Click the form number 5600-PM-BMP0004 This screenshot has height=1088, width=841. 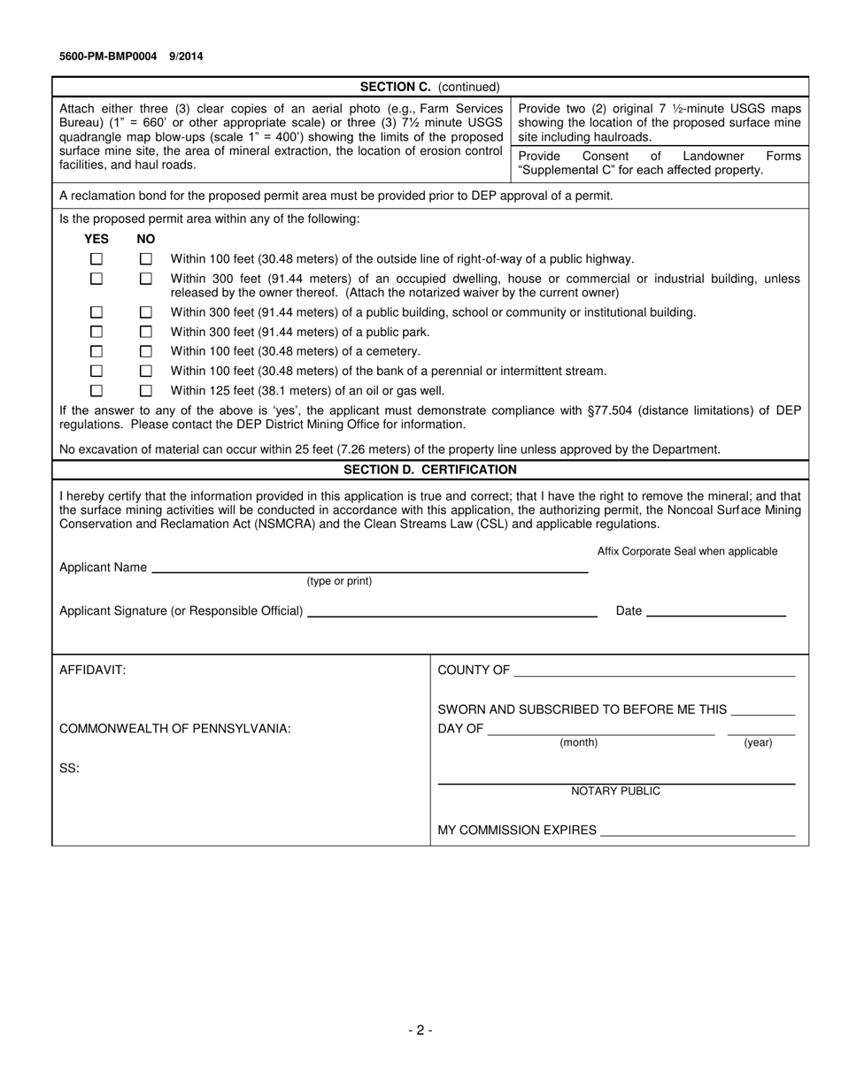tap(108, 57)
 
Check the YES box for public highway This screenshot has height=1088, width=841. tap(96, 259)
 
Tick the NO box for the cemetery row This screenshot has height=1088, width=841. tap(146, 351)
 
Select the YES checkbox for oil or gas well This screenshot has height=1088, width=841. tap(96, 390)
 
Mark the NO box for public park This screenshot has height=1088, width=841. tap(146, 332)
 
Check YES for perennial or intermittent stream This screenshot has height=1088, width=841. tap(96, 371)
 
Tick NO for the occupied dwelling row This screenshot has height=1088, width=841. tap(146, 279)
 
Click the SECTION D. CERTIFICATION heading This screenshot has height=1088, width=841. tap(430, 470)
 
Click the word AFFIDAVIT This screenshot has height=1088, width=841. tap(93, 670)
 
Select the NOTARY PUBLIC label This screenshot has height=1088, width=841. tap(615, 791)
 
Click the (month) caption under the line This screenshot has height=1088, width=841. tap(578, 743)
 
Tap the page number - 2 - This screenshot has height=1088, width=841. tap(420, 1030)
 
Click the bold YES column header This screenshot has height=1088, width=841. tap(96, 239)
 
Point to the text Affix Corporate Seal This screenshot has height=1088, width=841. tap(687, 551)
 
